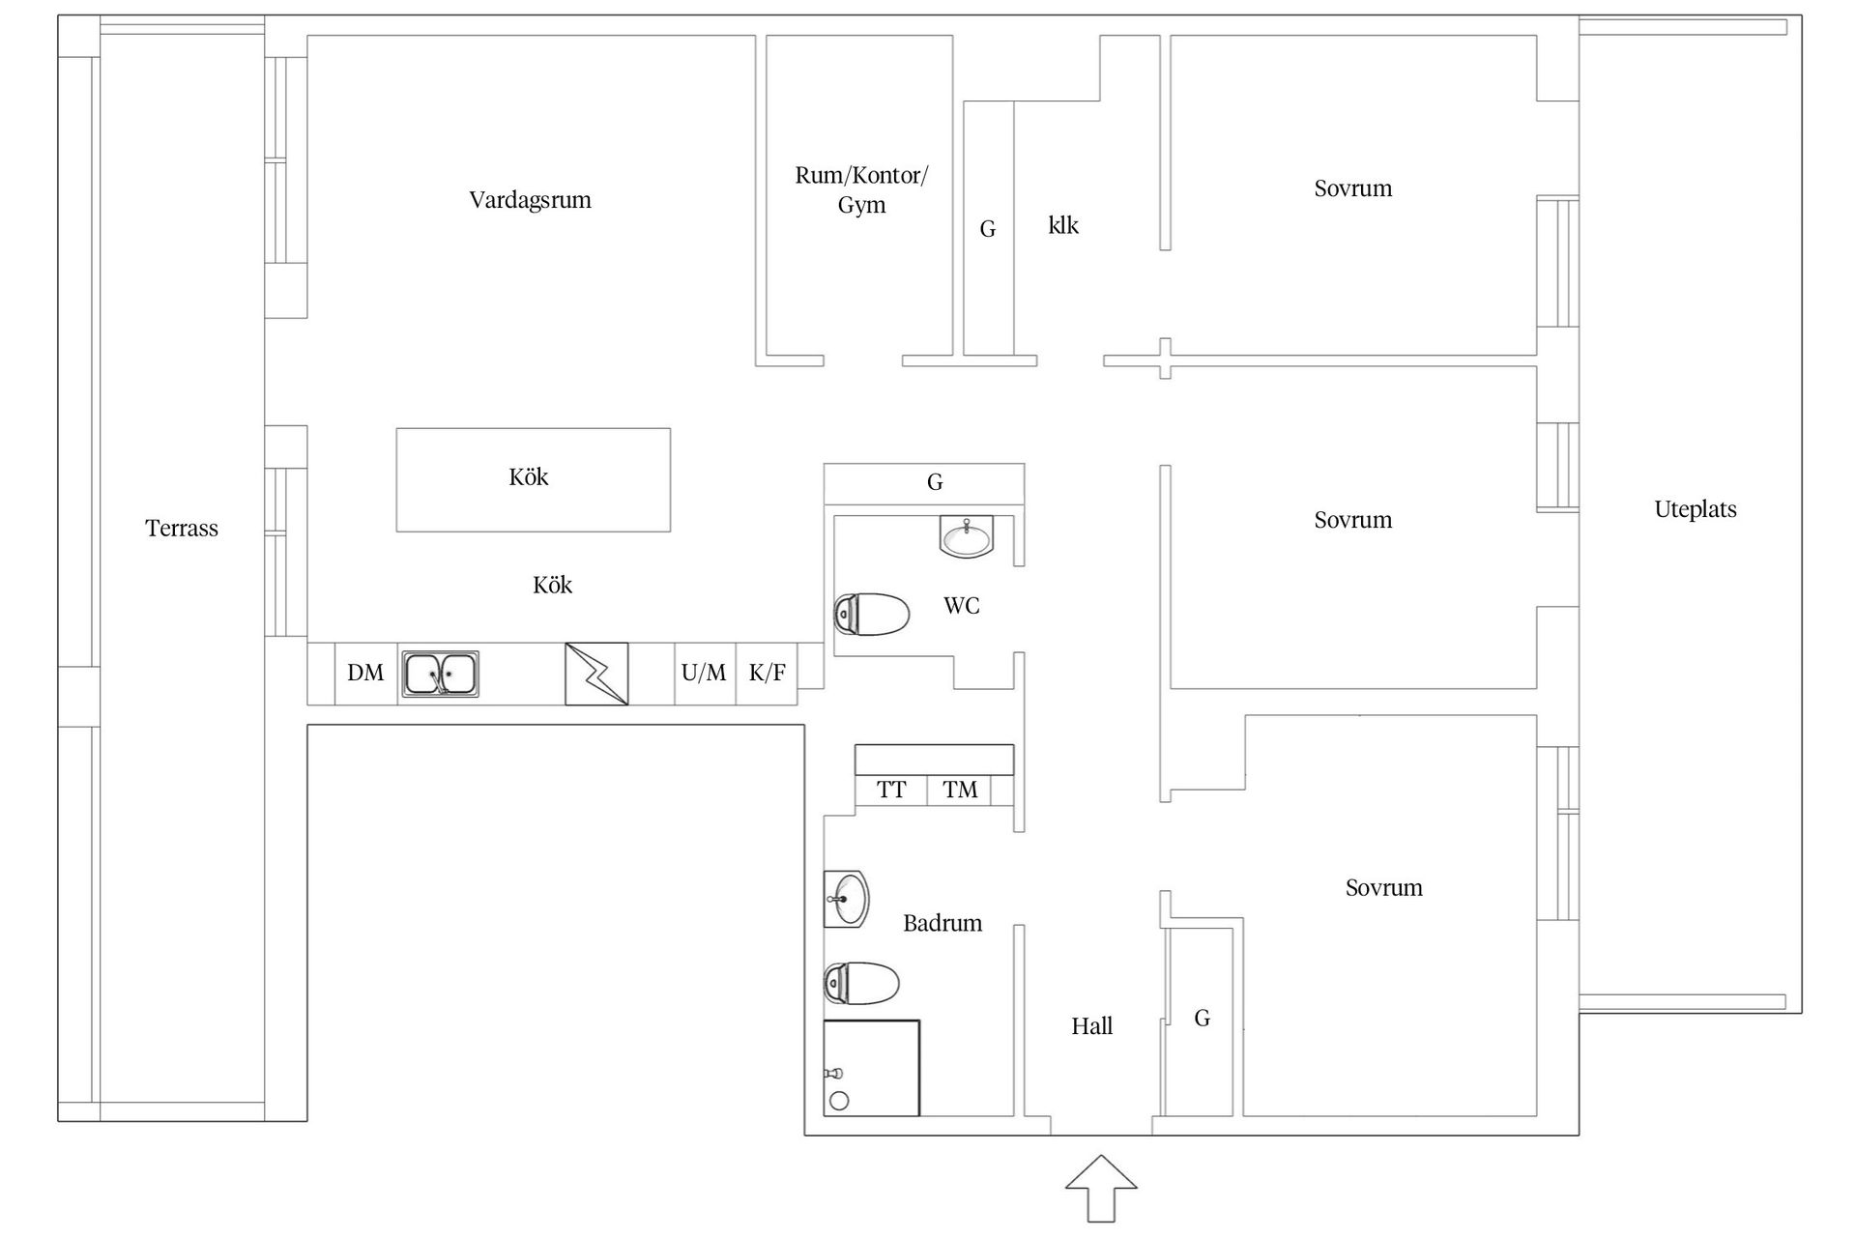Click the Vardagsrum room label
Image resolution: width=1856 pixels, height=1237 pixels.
pyautogui.click(x=530, y=200)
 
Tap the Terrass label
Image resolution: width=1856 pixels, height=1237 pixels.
pyautogui.click(x=182, y=528)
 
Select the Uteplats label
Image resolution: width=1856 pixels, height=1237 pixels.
pyautogui.click(x=1695, y=509)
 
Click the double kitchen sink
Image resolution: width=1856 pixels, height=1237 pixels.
pyautogui.click(x=440, y=674)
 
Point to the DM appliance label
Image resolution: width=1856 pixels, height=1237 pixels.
pyautogui.click(x=365, y=673)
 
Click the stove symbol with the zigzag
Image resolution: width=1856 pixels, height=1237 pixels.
pyautogui.click(x=596, y=674)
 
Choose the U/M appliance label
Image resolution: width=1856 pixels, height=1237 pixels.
pyautogui.click(x=704, y=673)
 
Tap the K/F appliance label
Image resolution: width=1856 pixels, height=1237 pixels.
pyautogui.click(x=768, y=673)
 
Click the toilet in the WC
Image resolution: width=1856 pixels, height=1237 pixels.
pyautogui.click(x=872, y=614)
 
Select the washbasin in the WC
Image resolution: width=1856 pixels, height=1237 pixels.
pyautogui.click(x=967, y=536)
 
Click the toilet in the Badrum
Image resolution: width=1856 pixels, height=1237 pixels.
pyautogui.click(x=861, y=983)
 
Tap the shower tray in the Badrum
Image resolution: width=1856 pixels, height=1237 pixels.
pyautogui.click(x=871, y=1068)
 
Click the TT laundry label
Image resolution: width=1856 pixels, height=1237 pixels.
pyautogui.click(x=891, y=790)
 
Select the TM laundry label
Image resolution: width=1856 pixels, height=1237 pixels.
pyautogui.click(x=960, y=790)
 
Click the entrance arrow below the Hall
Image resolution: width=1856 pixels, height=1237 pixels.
pyautogui.click(x=1101, y=1188)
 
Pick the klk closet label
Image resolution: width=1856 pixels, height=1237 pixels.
pyautogui.click(x=1063, y=225)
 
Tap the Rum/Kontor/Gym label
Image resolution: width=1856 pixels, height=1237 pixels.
pyautogui.click(x=861, y=189)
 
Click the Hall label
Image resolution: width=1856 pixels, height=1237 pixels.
pyautogui.click(x=1092, y=1026)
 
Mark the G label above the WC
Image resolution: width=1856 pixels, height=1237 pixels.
pyautogui.click(x=935, y=482)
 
